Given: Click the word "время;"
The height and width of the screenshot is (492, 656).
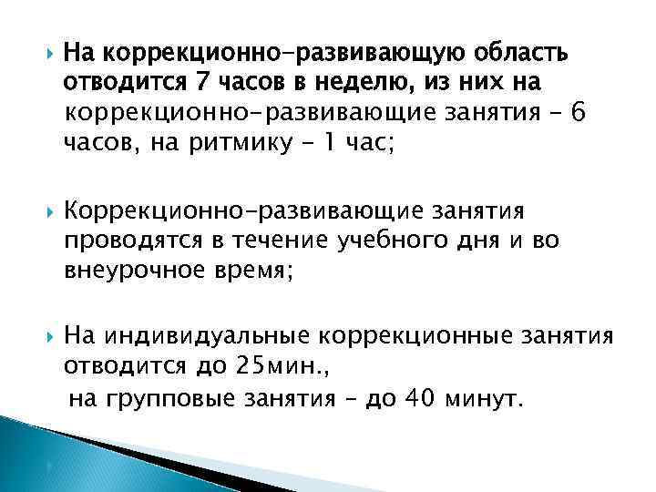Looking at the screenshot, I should click(x=258, y=271).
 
